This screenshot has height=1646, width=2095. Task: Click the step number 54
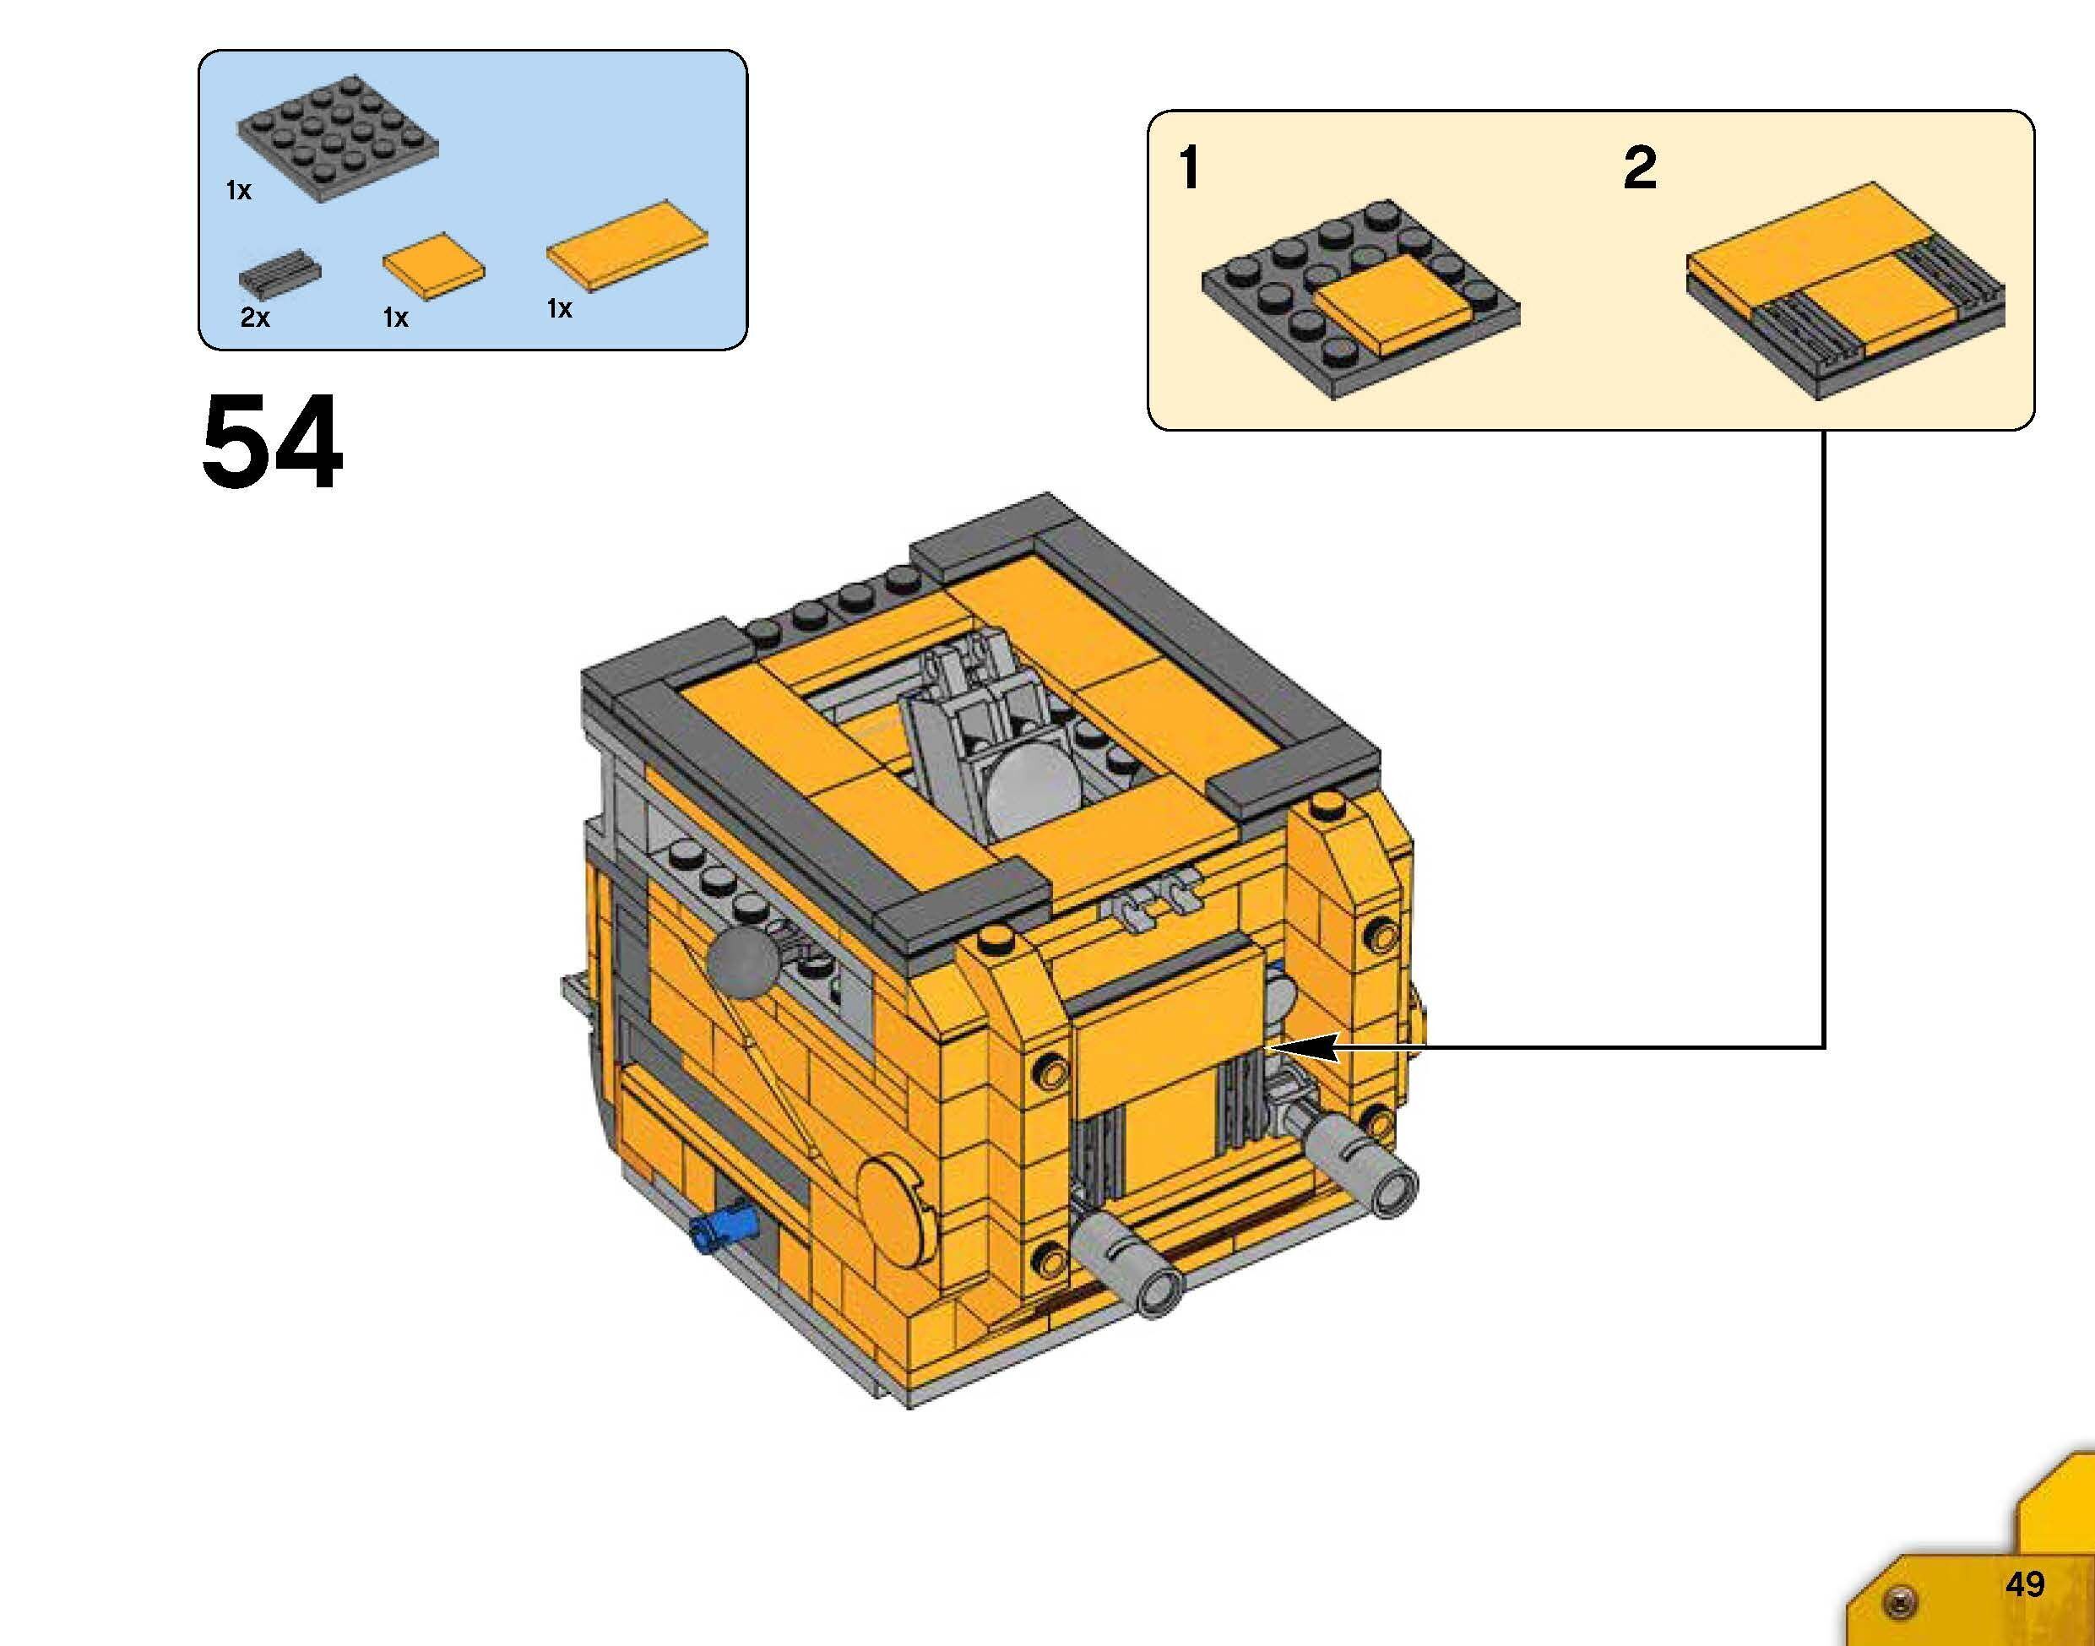click(272, 443)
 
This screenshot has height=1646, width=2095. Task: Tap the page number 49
click(2025, 1584)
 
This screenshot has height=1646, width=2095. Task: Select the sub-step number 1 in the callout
click(1190, 168)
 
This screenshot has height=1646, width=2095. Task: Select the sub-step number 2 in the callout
click(1639, 168)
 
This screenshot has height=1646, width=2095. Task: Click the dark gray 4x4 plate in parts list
click(337, 137)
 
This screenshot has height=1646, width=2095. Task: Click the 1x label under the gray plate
click(238, 191)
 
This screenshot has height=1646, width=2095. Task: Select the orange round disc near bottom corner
click(896, 1210)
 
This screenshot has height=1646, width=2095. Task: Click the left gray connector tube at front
click(1131, 1264)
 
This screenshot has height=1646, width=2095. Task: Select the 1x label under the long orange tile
click(560, 308)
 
